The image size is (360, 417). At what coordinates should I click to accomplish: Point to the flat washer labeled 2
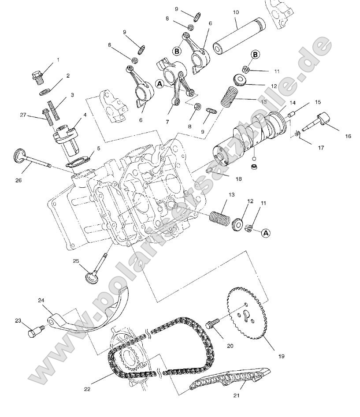45,92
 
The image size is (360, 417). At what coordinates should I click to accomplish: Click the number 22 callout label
87,389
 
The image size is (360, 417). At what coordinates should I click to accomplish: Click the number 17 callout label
320,148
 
